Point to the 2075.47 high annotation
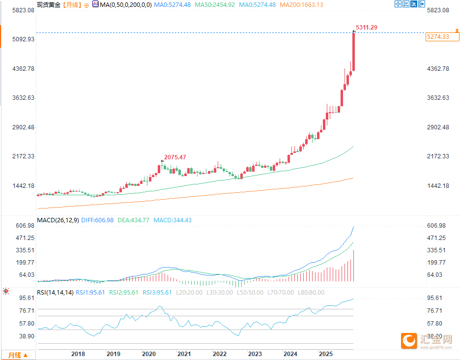coord(176,157)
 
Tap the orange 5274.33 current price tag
coord(438,37)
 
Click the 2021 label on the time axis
coord(184,354)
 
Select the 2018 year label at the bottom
coord(78,354)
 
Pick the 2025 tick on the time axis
coord(325,354)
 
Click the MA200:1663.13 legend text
coord(301,4)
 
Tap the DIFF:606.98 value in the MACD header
coord(98,220)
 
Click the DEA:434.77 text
coord(133,220)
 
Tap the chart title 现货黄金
coord(48,4)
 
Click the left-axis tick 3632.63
coord(23,98)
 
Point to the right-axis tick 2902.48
coord(438,127)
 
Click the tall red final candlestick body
coord(353,52)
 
